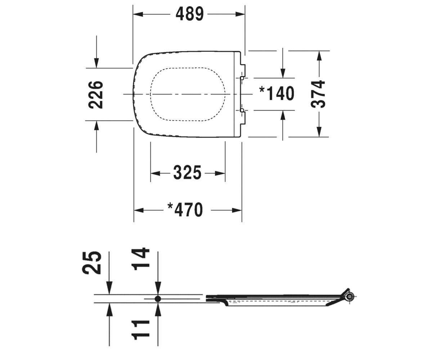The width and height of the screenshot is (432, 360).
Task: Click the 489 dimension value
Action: pos(189,14)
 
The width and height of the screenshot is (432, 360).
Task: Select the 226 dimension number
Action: pos(96,95)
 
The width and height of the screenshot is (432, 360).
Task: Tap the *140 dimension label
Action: pos(277,93)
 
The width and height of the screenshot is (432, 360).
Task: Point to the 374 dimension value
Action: pos(318,94)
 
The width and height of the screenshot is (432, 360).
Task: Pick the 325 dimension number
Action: pos(187,172)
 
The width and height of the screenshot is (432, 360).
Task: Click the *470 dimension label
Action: pos(185,210)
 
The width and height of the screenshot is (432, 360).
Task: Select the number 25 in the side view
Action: pos(92,263)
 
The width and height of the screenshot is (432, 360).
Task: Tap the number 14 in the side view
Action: pos(141,259)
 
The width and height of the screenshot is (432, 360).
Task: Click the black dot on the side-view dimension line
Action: pos(158,299)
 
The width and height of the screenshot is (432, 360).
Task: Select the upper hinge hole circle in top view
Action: pos(242,78)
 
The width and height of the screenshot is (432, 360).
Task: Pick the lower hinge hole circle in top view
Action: pos(242,110)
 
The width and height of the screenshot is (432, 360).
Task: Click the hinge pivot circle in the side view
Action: pos(350,296)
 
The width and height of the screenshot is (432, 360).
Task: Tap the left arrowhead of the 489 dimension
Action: pos(138,14)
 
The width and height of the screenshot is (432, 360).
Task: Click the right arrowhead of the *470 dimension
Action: pos(237,210)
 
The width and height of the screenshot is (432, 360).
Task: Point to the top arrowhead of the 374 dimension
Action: pos(319,56)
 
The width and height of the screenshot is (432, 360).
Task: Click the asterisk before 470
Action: pos(170,206)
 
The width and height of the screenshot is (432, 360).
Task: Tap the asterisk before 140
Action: pos(262,90)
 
